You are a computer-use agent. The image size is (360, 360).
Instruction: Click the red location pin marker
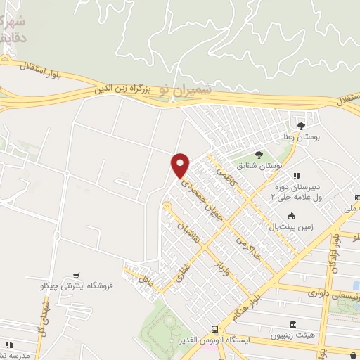180,165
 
